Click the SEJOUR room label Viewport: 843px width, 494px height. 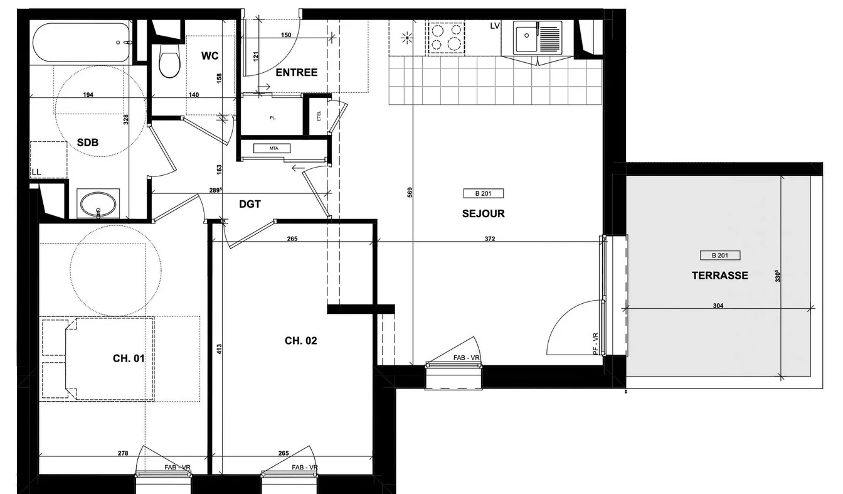pos(483,213)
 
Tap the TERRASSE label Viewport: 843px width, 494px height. pos(719,276)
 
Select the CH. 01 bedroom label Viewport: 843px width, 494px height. pos(129,358)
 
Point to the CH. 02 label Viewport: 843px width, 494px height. pos(300,341)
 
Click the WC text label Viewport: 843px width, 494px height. pos(209,56)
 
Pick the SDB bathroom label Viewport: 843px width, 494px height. pos(88,142)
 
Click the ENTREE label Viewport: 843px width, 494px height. pos(297,72)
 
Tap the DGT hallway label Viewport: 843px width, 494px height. pos(250,204)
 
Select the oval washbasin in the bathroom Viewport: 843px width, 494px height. pos(98,204)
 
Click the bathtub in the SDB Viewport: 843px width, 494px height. pos(82,43)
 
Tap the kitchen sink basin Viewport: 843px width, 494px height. pos(526,36)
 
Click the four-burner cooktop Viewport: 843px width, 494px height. pos(446,38)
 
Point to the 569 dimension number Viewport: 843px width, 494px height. pos(410,193)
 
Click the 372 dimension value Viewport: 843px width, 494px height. pos(490,239)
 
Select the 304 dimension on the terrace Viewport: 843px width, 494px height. pos(718,306)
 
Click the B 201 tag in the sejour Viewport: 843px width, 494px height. pos(483,193)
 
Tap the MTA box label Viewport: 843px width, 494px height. pos(273,148)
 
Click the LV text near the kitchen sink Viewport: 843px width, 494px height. pos(495,26)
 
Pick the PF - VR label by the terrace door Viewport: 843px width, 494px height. pos(595,344)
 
